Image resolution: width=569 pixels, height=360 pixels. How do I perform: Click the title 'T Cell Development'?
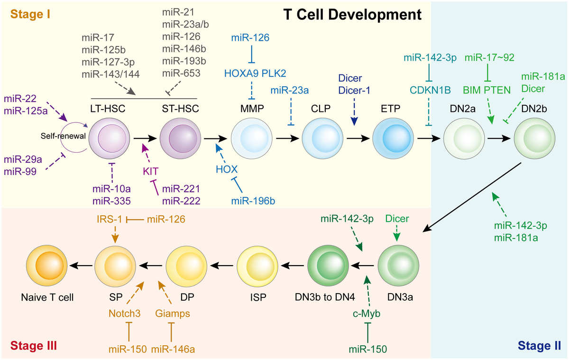click(352, 15)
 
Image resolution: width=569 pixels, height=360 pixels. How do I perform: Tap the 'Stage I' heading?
click(31, 14)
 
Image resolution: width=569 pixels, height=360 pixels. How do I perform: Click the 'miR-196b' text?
click(253, 201)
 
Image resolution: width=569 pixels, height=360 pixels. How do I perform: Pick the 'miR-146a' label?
click(173, 350)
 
